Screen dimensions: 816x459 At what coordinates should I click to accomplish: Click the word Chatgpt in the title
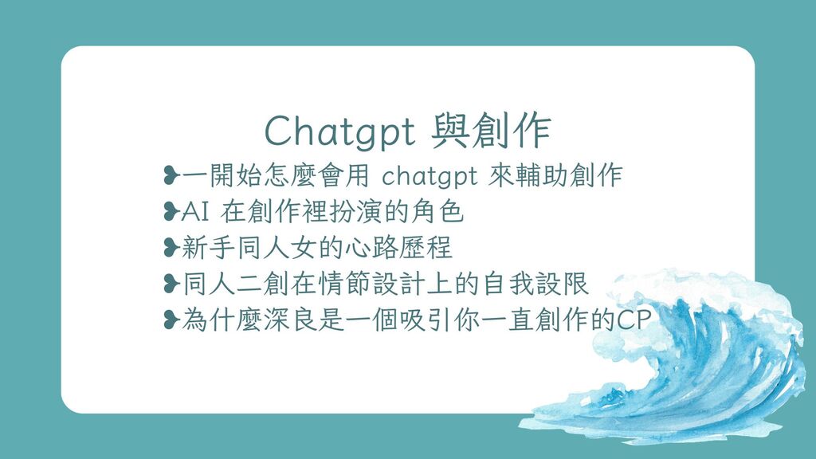340,131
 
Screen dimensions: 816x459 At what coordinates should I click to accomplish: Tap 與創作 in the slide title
491,131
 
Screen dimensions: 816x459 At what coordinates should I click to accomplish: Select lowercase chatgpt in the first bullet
430,176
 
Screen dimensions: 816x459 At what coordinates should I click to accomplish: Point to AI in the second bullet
195,212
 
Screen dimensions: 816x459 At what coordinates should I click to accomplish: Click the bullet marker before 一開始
171,175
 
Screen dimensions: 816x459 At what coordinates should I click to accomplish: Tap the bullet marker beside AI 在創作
171,211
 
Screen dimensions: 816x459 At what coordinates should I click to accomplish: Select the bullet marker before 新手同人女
171,248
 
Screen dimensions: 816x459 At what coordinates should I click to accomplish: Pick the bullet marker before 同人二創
171,284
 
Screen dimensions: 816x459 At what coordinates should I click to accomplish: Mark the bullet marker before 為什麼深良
171,320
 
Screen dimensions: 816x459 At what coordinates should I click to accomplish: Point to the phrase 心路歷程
398,248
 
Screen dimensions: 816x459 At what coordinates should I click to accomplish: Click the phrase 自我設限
536,284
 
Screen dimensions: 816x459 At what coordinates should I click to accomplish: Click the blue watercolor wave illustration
677,359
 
